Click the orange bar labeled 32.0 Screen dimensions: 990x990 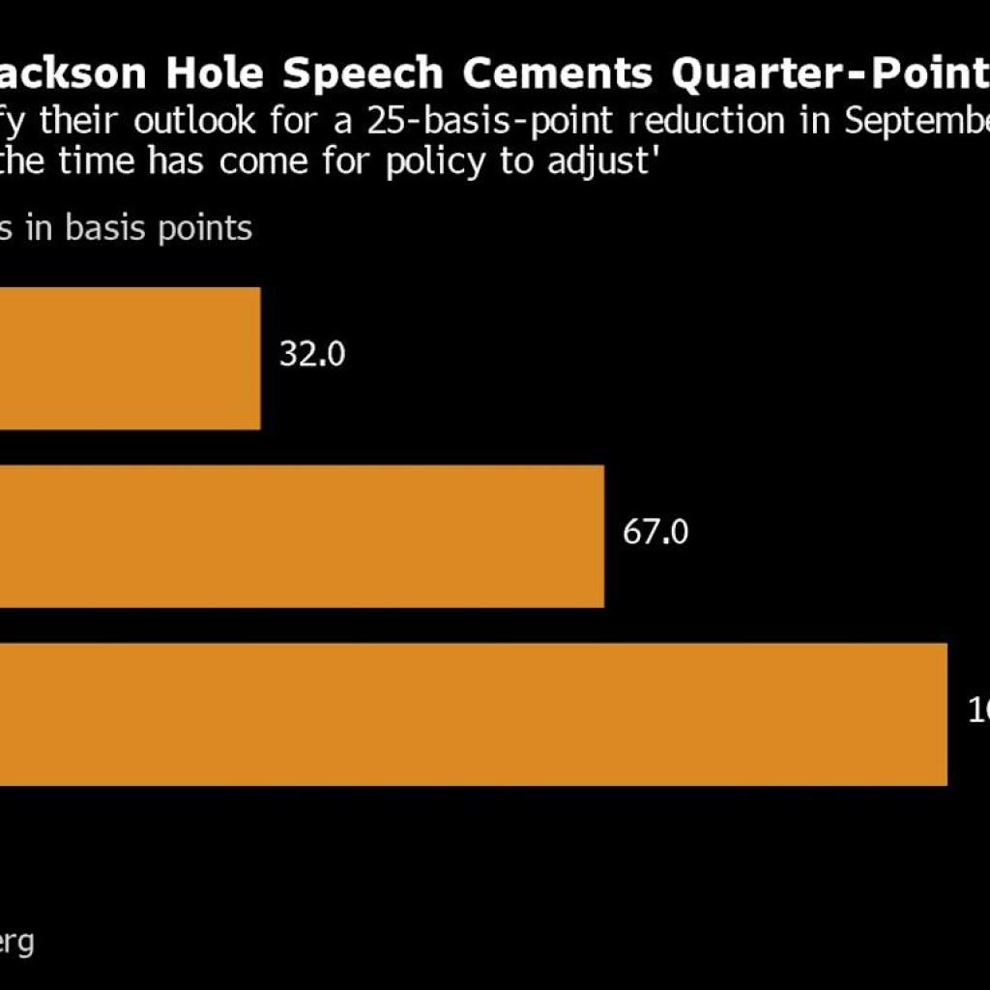tap(131, 358)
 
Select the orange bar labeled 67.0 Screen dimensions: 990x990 tap(302, 536)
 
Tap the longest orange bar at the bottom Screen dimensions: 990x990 tap(474, 713)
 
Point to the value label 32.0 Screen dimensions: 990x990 tap(312, 355)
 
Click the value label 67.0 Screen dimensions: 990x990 tap(655, 533)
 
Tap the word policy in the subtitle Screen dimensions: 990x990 tap(444, 161)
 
